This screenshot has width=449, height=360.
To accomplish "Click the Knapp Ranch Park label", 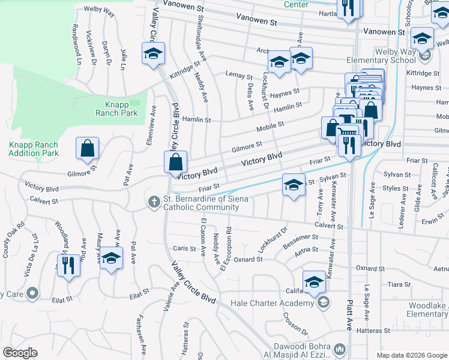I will (x=117, y=109).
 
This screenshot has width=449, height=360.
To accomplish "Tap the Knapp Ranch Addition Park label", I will (x=34, y=149).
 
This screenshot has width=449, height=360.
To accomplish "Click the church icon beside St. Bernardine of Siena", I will (x=154, y=202).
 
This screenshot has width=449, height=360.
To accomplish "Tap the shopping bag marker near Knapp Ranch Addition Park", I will (x=87, y=148).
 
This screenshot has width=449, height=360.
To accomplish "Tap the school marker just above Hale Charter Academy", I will (x=314, y=281).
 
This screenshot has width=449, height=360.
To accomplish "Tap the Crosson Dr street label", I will (x=295, y=324).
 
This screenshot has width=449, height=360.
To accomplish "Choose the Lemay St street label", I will (x=238, y=76).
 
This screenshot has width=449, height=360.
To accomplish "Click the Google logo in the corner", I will (x=20, y=353).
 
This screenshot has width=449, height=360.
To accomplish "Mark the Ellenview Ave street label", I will (x=152, y=121).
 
